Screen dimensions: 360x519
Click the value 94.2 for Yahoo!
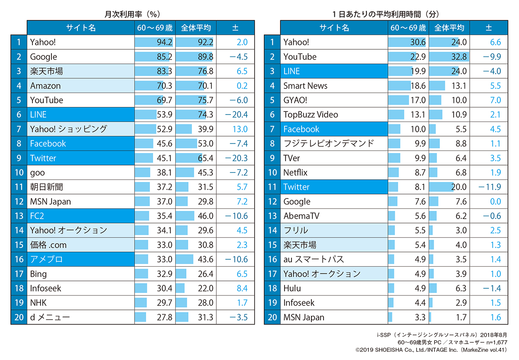[165, 42]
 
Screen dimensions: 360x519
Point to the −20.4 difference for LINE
[236, 115]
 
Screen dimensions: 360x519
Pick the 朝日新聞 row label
[47, 187]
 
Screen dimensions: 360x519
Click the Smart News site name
[305, 86]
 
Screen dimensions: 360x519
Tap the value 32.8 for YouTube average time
[458, 57]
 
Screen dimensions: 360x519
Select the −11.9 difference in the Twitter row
[490, 187]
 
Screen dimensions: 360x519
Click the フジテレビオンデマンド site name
[328, 143]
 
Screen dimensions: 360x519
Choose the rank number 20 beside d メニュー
[19, 317]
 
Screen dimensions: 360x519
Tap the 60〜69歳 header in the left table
[154, 28]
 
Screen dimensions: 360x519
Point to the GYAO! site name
[295, 100]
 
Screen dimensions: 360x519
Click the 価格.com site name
[48, 245]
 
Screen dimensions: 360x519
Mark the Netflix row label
[295, 172]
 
